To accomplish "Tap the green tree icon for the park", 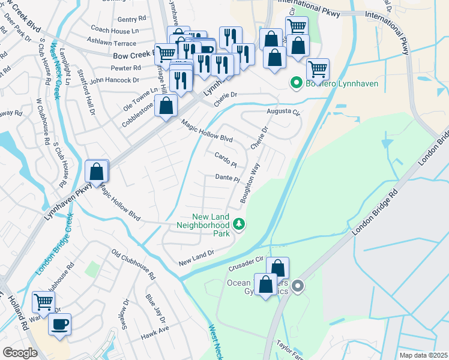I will [x=240, y=224].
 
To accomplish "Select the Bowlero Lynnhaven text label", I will [x=342, y=83].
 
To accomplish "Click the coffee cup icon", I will [x=59, y=325].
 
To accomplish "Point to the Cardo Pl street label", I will [x=226, y=160].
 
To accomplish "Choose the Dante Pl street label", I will [x=228, y=178].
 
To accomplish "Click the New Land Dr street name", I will [x=196, y=259].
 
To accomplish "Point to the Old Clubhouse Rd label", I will [x=133, y=265].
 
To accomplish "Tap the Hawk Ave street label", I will [x=155, y=329].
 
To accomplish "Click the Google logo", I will [x=20, y=352].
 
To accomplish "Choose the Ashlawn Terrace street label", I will [x=112, y=43].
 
